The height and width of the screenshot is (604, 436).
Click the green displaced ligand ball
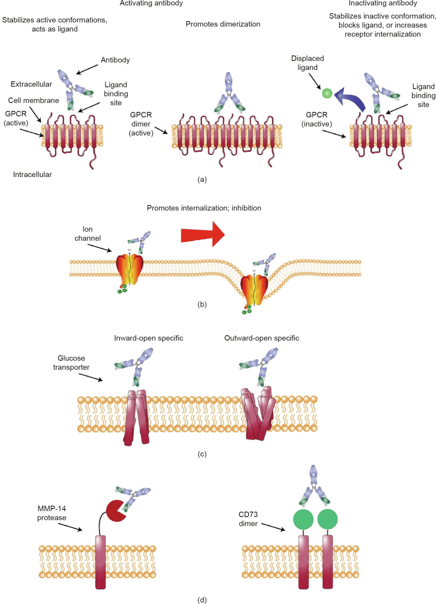(x=327, y=93)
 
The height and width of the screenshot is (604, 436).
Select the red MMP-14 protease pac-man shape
(x=115, y=511)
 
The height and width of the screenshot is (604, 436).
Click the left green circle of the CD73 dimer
(x=303, y=519)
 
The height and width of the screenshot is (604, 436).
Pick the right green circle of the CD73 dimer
(x=327, y=519)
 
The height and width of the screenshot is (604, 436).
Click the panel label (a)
(x=202, y=179)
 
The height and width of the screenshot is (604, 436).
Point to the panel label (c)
(x=202, y=454)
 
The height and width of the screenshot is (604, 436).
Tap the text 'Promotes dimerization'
(x=223, y=24)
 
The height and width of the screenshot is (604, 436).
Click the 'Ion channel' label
(x=88, y=234)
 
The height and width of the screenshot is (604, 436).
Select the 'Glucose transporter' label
(x=71, y=363)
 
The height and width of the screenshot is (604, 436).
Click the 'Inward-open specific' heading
(x=149, y=338)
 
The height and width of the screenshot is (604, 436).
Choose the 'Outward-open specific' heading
(x=262, y=338)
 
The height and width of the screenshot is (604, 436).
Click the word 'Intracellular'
(x=32, y=175)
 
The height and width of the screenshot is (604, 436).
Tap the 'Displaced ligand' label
(x=308, y=63)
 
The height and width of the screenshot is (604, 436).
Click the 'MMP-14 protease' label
(x=52, y=513)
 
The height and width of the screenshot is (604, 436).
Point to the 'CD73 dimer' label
(x=248, y=519)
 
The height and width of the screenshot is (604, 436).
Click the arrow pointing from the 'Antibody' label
(x=87, y=69)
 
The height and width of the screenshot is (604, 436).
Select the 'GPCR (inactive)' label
(x=317, y=119)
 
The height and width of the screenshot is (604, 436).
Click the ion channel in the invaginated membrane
(x=254, y=289)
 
